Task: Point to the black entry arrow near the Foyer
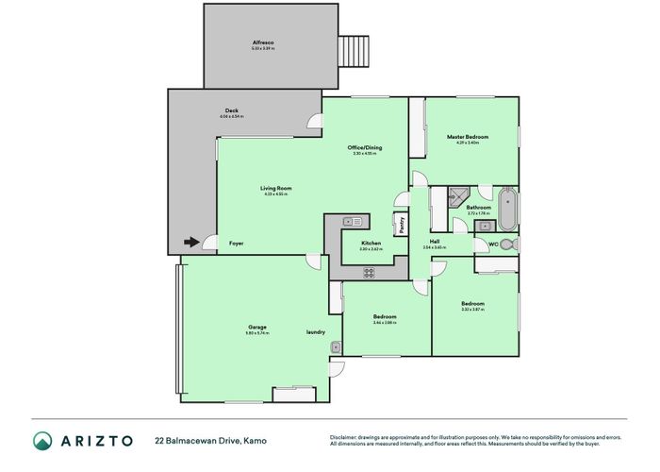click(x=191, y=243)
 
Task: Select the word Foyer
click(x=236, y=244)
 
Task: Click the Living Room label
click(x=276, y=189)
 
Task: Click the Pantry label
click(x=401, y=226)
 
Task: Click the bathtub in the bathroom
click(x=508, y=209)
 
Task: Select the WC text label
click(x=491, y=244)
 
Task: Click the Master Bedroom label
click(x=467, y=137)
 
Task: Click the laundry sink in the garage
click(x=335, y=347)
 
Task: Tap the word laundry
click(x=316, y=331)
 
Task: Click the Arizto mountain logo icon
click(x=43, y=440)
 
